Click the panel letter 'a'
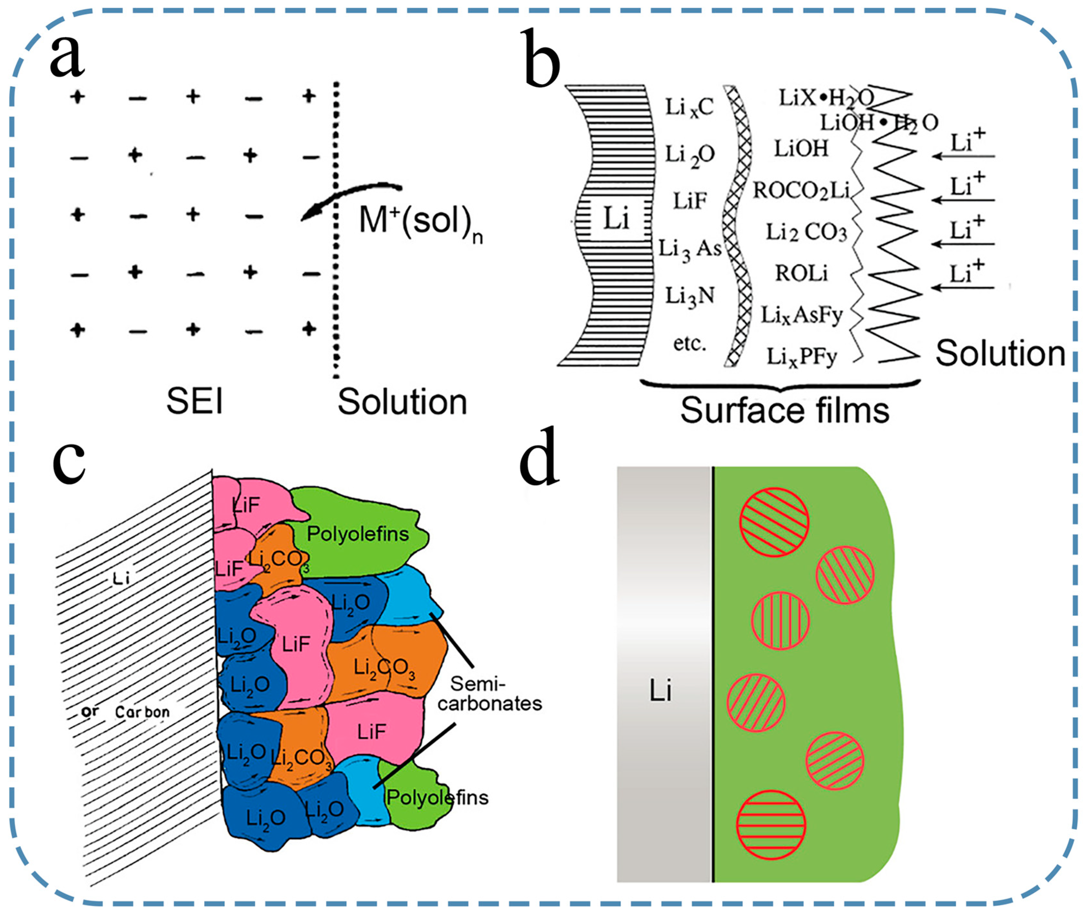[x=67, y=57]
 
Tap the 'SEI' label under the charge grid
[x=194, y=401]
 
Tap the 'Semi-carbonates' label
[x=489, y=694]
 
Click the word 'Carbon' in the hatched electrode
[x=142, y=712]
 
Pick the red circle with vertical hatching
[x=780, y=621]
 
